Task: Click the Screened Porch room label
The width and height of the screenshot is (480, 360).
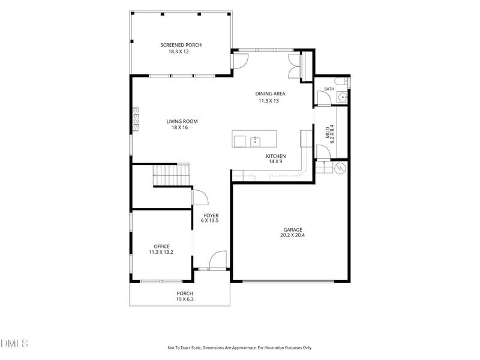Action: (181, 45)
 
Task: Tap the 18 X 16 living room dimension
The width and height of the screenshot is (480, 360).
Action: (179, 127)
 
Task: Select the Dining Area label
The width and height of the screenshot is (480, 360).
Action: (271, 94)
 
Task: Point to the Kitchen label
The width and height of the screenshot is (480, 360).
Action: (276, 156)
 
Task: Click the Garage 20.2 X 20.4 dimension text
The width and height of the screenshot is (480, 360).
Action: (292, 235)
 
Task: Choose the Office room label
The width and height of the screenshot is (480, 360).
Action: (161, 247)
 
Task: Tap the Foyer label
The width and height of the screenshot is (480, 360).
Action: (211, 215)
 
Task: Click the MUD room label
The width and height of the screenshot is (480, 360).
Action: (328, 133)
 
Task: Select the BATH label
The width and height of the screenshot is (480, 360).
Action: (329, 89)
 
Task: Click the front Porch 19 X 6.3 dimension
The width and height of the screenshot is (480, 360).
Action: (185, 299)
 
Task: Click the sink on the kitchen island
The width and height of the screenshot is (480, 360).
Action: (256, 142)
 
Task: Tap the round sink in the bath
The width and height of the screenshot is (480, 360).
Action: (342, 97)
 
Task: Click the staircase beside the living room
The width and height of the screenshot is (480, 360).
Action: (171, 175)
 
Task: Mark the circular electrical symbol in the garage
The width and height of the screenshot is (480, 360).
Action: (340, 169)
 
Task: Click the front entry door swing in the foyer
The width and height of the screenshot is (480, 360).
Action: (218, 260)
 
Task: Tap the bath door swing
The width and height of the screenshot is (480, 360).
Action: (324, 98)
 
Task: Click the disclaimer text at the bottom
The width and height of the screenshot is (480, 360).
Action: (239, 348)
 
